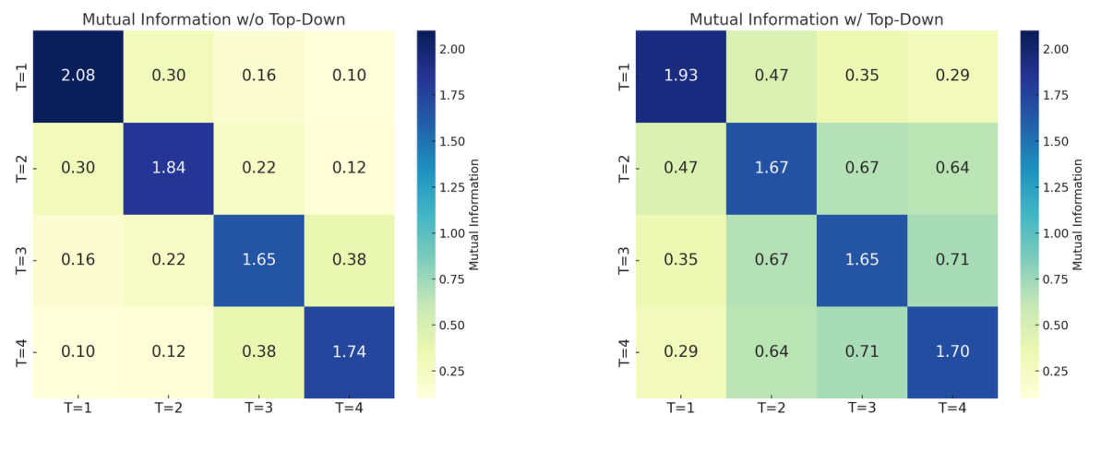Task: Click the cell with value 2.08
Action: pyautogui.click(x=78, y=76)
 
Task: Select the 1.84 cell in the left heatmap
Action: pyautogui.click(x=168, y=168)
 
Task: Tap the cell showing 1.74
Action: pyautogui.click(x=349, y=352)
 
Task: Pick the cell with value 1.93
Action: pyautogui.click(x=681, y=76)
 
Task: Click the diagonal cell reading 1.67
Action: pyautogui.click(x=772, y=168)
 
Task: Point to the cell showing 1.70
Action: pyautogui.click(x=952, y=352)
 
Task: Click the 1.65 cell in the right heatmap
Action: pyautogui.click(x=862, y=260)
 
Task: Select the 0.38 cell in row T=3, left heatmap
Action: pyautogui.click(x=349, y=260)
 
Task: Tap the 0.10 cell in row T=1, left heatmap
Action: pyautogui.click(x=349, y=76)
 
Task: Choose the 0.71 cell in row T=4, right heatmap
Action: pyautogui.click(x=862, y=352)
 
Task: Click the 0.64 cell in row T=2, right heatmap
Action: pyautogui.click(x=952, y=168)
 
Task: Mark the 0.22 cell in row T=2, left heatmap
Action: pyautogui.click(x=258, y=168)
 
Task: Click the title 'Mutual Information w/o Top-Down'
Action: pyautogui.click(x=213, y=19)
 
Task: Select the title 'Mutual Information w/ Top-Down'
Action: pyautogui.click(x=817, y=19)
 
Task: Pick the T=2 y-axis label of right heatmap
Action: pyautogui.click(x=623, y=168)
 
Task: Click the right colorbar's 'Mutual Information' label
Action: pyautogui.click(x=1078, y=214)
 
